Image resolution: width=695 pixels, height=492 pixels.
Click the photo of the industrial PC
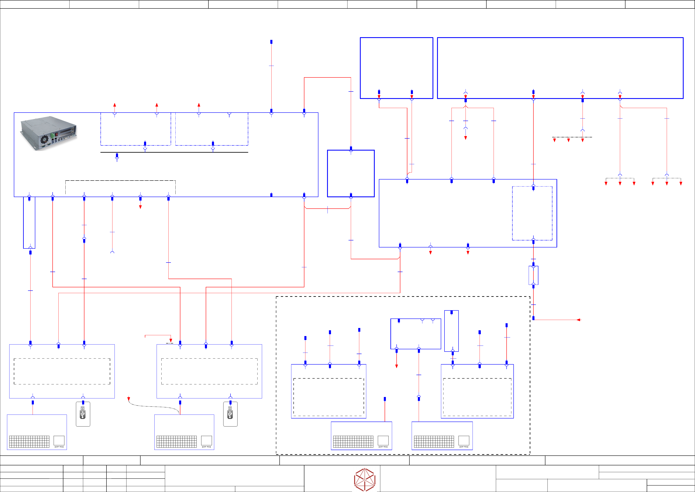point(48,133)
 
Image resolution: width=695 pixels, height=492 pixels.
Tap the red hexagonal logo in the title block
point(365,479)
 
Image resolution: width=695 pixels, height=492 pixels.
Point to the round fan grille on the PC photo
point(45,140)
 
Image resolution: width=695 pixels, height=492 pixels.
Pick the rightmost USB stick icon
point(230,414)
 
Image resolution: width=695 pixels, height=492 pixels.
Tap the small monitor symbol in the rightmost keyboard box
point(464,441)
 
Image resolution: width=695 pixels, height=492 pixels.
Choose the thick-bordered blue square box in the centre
point(351,173)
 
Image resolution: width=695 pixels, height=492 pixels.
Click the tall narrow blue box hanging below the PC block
point(29,223)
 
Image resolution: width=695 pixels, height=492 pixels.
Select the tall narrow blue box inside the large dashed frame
point(451,331)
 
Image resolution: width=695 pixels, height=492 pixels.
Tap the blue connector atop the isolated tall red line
point(271,42)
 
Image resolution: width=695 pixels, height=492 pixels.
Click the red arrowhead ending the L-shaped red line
point(171,340)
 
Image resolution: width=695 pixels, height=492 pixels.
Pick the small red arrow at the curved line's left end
point(129,399)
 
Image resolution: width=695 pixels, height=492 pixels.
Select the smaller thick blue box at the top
point(396,68)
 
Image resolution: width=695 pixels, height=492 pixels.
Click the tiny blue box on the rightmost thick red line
point(533,275)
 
